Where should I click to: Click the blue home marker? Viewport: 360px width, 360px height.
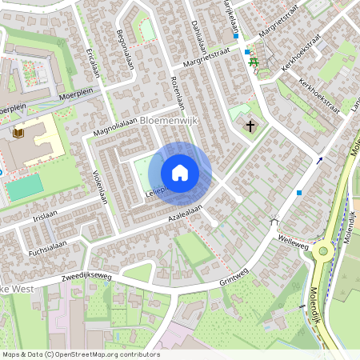click(x=180, y=173)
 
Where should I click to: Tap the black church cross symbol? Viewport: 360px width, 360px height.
click(x=250, y=126)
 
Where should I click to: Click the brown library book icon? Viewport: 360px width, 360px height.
click(x=19, y=133)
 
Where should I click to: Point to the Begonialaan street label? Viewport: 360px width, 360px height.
click(x=125, y=50)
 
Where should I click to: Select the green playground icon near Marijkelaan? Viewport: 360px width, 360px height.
click(x=254, y=62)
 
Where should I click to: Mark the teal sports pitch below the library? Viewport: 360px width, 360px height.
click(x=25, y=187)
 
